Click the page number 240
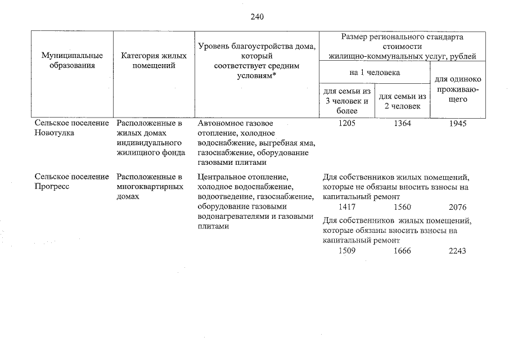click(257, 16)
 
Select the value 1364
click(402, 124)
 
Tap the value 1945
click(458, 124)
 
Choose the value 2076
click(458, 207)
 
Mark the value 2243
click(458, 251)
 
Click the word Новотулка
click(54, 133)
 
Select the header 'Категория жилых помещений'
click(150, 60)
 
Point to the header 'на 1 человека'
click(374, 73)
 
